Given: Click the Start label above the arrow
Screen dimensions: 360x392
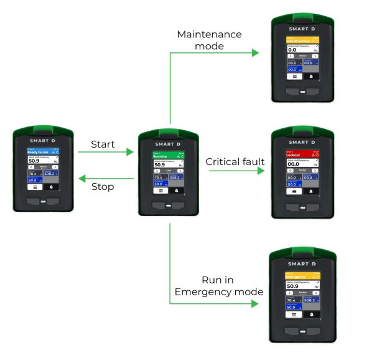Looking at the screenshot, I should (103, 144).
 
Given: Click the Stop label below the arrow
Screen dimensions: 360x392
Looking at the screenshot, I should (103, 186).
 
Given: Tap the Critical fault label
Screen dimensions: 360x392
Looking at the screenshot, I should (235, 162).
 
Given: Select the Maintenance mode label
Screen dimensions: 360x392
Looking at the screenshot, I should (209, 40).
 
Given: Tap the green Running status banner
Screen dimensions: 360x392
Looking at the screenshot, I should (168, 156).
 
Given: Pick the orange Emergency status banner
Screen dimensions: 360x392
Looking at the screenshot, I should (302, 276).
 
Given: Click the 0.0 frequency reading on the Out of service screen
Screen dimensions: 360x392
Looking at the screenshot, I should (292, 50).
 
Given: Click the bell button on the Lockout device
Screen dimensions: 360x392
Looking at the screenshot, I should (310, 191).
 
